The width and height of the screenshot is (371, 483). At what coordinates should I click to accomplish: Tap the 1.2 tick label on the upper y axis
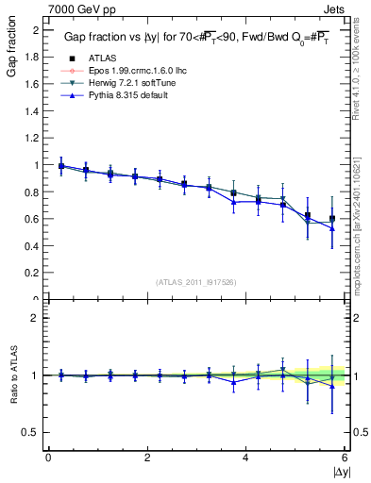(x=34, y=138)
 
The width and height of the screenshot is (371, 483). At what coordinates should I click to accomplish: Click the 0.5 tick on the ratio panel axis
(x=34, y=432)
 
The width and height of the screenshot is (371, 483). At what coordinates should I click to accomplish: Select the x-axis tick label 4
(x=245, y=458)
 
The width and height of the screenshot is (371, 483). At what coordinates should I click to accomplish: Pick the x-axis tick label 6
(x=344, y=458)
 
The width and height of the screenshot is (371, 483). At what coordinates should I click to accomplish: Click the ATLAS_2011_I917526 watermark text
(x=195, y=281)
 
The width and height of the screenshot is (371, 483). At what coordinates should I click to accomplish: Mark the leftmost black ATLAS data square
(x=61, y=166)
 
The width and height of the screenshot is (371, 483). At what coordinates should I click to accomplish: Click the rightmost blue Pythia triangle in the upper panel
(x=331, y=228)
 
